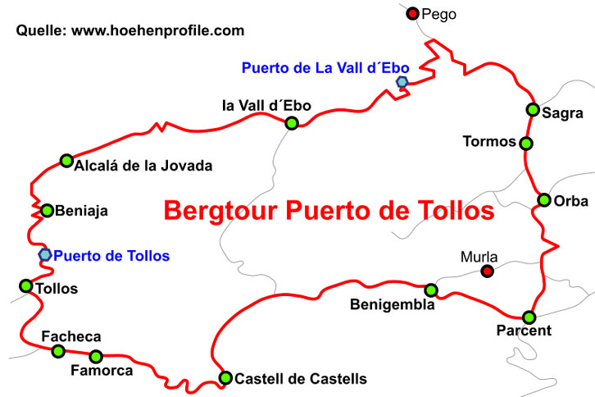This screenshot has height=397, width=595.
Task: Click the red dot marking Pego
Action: point(413,13)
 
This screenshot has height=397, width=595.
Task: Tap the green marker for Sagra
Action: point(533,110)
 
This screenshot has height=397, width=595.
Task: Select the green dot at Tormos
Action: point(526,143)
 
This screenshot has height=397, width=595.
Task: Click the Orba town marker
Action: point(544,200)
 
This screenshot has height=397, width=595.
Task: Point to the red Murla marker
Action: point(488,271)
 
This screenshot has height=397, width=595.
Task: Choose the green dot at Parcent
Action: point(529,317)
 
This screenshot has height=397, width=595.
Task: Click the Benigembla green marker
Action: point(431,290)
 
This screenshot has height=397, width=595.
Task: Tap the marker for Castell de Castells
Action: point(225,378)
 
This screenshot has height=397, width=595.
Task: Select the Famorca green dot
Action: point(96,356)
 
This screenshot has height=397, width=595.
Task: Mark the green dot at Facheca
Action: point(58,351)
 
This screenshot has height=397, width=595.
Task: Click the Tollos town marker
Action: point(25,286)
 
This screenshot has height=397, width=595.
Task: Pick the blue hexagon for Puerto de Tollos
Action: point(45,255)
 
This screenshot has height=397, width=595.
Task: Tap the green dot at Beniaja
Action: point(48,211)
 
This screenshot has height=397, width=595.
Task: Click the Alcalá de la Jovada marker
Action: point(66,161)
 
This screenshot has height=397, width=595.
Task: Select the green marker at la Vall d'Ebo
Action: point(291,123)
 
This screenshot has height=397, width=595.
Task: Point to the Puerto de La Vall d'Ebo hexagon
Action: point(402,82)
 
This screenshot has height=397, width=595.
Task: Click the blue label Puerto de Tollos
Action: point(111,256)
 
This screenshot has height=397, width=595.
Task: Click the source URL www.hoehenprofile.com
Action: point(158,31)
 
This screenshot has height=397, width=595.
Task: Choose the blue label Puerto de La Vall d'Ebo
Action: point(331,68)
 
